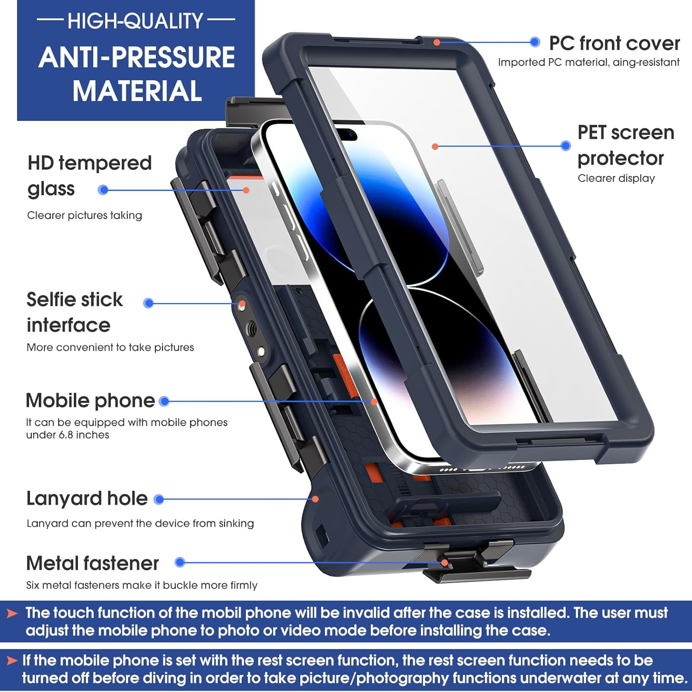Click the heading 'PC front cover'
pyautogui.click(x=614, y=43)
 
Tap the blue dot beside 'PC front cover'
pyautogui.click(x=535, y=42)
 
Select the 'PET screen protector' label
pyautogui.click(x=625, y=145)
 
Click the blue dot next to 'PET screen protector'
pyautogui.click(x=566, y=146)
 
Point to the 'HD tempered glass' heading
pyautogui.click(x=89, y=176)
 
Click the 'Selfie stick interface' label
pyautogui.click(x=74, y=312)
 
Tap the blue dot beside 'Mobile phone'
pyautogui.click(x=164, y=401)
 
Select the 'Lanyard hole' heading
pyautogui.click(x=87, y=499)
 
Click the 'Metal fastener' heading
pyautogui.click(x=92, y=563)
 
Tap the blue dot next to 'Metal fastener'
pyautogui.click(x=180, y=562)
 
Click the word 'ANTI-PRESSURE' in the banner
pyautogui.click(x=137, y=58)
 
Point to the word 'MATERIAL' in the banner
pyautogui.click(x=137, y=91)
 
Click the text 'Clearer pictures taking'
pyautogui.click(x=84, y=215)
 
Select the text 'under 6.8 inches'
pyautogui.click(x=67, y=435)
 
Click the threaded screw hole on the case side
pyautogui.click(x=251, y=328)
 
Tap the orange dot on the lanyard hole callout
pyautogui.click(x=316, y=499)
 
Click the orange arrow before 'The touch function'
pyautogui.click(x=12, y=614)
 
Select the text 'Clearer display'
pyautogui.click(x=616, y=179)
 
